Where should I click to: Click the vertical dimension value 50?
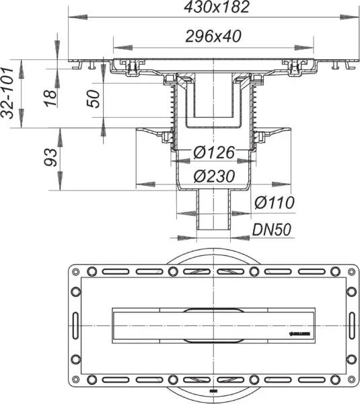[x=94, y=99]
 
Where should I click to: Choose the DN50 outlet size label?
[x=272, y=230]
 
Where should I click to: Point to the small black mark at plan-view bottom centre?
[x=213, y=391]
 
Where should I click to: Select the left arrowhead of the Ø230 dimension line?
[x=140, y=184]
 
